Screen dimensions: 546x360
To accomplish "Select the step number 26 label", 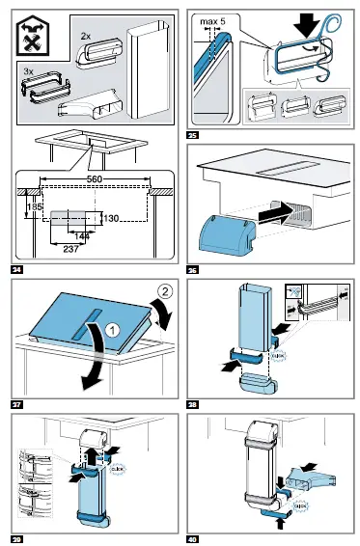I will [x=194, y=266].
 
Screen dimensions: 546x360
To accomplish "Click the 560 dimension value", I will [x=94, y=179].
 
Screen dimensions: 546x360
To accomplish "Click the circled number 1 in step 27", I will [x=110, y=330].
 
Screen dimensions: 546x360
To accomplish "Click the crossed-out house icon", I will [x=34, y=35].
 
